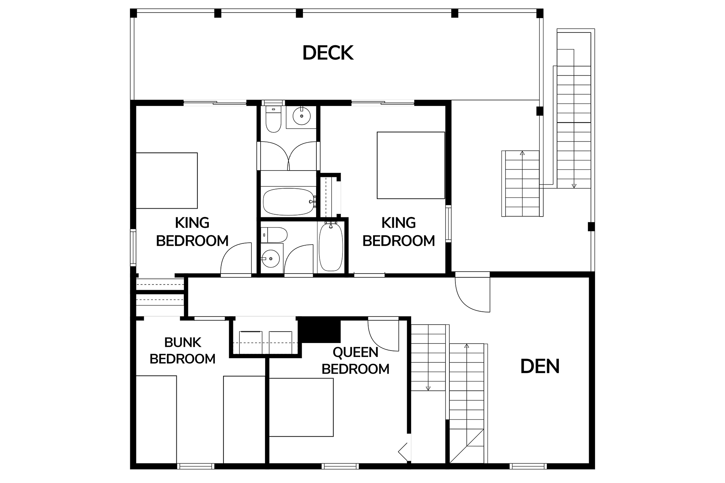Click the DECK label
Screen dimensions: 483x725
[x=328, y=53]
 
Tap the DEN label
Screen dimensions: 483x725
[x=540, y=366]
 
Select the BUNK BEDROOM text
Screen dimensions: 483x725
[x=183, y=351]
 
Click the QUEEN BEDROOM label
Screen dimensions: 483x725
[x=355, y=360]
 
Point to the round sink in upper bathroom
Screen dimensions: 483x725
[x=301, y=116]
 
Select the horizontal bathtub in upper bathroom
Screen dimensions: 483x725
[x=288, y=202]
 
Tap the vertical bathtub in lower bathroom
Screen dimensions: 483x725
[x=331, y=247]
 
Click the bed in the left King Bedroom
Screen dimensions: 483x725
[x=167, y=180]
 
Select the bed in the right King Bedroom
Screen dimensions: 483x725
[x=411, y=165]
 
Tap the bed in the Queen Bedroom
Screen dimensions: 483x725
[x=301, y=408]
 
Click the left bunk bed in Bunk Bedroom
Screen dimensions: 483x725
[x=156, y=419]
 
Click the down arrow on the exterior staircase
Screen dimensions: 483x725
[x=574, y=185]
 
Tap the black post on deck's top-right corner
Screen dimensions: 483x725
[x=540, y=14]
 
